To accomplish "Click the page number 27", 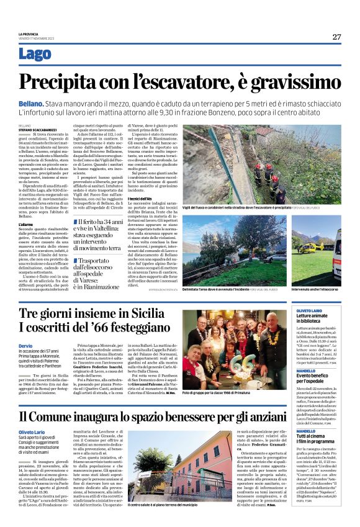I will pyautogui.click(x=336, y=37).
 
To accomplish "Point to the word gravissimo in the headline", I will pyautogui.click(x=291, y=82).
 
